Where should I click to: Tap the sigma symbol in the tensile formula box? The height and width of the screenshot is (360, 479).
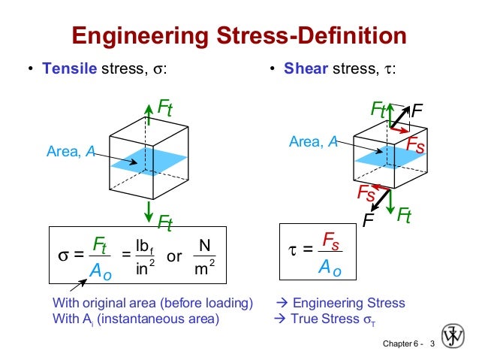tap(65, 256)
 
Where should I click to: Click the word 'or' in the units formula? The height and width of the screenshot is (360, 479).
tap(174, 256)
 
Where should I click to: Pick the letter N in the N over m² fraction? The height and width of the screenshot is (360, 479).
tap(203, 245)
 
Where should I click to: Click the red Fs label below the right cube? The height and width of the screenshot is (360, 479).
tap(366, 194)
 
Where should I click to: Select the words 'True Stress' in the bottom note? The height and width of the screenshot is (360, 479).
tap(325, 319)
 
